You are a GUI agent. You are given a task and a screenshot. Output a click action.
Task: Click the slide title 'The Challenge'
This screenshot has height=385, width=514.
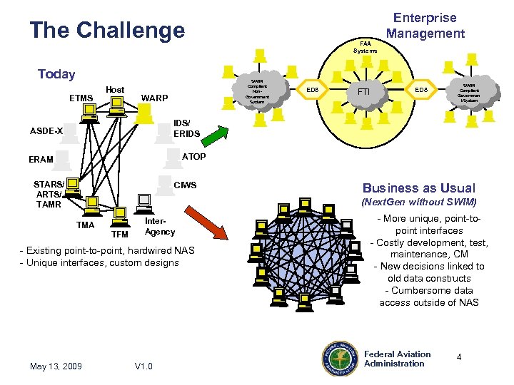click(107, 31)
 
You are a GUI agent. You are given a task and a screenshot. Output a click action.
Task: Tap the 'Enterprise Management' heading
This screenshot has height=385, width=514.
click(425, 26)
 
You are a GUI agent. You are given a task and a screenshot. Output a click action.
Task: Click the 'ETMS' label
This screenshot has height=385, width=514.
click(81, 98)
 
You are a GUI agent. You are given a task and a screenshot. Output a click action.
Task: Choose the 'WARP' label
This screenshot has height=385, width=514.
click(155, 98)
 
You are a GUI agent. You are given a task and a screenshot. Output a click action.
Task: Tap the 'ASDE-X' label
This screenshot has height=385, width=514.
click(46, 131)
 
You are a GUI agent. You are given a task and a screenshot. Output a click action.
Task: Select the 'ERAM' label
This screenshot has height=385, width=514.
click(41, 160)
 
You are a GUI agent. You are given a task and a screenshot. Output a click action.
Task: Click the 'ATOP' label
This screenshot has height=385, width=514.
click(194, 156)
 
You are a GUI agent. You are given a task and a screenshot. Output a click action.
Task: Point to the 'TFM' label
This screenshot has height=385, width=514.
click(120, 234)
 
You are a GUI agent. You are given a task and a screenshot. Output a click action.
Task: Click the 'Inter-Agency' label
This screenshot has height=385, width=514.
click(159, 227)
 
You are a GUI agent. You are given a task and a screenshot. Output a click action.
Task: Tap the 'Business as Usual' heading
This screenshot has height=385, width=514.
click(418, 188)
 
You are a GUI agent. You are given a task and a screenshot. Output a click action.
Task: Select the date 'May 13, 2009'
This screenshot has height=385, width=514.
click(56, 366)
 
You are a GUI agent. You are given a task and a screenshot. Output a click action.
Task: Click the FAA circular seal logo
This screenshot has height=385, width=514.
click(340, 358)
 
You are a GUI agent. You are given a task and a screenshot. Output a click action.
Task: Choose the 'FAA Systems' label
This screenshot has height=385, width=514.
click(365, 47)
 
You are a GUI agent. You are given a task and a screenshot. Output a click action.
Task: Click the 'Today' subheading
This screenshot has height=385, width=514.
click(56, 74)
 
